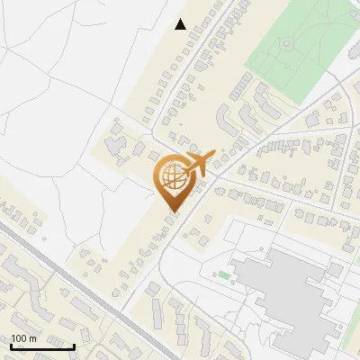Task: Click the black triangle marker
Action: coord(181,24)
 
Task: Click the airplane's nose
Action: coord(213,153)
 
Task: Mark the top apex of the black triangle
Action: coord(181,19)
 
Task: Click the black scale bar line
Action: coord(42,346)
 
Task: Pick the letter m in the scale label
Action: coord(32,338)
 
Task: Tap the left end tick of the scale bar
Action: coord(12,344)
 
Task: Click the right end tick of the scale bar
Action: coord(74,344)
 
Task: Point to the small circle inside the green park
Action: coord(287,42)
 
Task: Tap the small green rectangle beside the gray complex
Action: coord(224,274)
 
